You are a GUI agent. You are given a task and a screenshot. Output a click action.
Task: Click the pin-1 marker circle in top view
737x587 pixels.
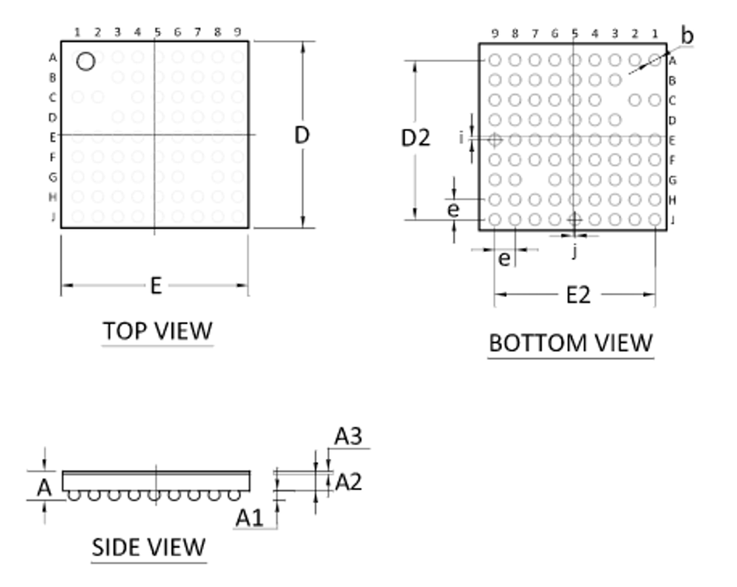click(85, 53)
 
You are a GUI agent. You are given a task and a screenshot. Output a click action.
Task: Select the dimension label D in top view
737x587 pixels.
click(302, 136)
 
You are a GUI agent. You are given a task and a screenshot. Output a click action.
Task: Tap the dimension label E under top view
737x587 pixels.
click(156, 285)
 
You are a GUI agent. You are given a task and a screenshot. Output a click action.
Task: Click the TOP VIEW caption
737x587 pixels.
click(157, 331)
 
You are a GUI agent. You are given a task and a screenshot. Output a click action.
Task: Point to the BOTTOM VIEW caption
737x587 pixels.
click(571, 343)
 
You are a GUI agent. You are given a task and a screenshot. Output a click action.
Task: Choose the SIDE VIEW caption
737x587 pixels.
click(148, 547)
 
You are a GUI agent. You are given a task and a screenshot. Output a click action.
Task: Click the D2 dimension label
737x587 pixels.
click(416, 138)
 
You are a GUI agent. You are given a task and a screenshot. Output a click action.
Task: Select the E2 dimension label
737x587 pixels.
click(578, 295)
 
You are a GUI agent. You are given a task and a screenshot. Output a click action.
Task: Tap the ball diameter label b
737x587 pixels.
click(687, 36)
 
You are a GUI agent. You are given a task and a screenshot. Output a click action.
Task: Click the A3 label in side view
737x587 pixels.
click(348, 436)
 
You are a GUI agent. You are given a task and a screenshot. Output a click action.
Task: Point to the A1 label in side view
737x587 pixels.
click(249, 519)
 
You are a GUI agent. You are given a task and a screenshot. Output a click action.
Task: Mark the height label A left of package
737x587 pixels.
click(44, 488)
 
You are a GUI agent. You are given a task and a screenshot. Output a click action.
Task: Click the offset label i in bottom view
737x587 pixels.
click(462, 138)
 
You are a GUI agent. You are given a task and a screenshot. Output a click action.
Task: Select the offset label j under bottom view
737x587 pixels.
click(574, 251)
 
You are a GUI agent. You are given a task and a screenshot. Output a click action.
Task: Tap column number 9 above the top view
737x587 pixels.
click(237, 32)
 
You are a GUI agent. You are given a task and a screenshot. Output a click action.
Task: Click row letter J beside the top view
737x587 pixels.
click(53, 216)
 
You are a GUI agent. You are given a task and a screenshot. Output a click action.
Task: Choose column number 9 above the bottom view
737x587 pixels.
click(494, 33)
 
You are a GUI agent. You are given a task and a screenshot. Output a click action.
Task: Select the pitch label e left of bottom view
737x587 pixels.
click(453, 209)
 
